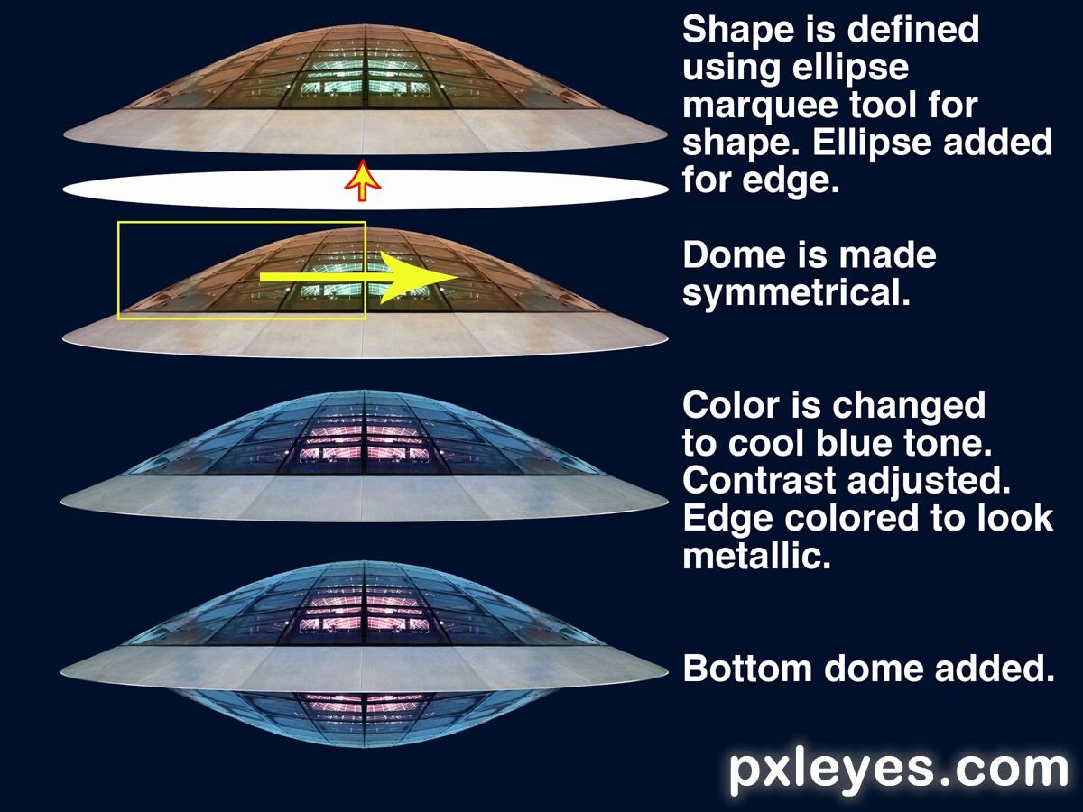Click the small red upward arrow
[x=363, y=180]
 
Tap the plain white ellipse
[x=366, y=189]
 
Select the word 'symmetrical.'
[x=796, y=294]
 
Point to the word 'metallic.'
[x=757, y=556]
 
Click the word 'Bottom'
[x=747, y=669]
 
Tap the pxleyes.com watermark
[x=898, y=770]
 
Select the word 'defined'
[x=912, y=29]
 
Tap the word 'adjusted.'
[x=929, y=482]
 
